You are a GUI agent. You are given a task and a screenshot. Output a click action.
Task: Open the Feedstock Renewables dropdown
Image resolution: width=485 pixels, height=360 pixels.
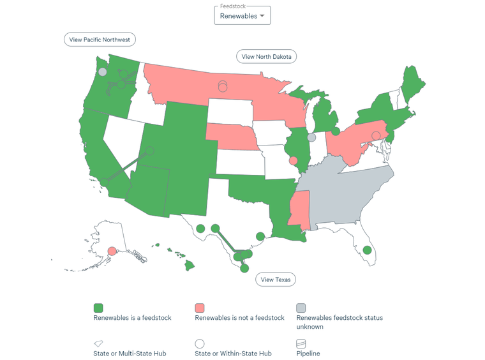(x=243, y=15)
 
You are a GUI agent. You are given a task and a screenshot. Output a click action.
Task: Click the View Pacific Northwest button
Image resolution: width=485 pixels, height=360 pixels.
(x=100, y=40)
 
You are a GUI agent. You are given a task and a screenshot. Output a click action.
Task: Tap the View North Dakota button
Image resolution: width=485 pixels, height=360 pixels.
(x=266, y=57)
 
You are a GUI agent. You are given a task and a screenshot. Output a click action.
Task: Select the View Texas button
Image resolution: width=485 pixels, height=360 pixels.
(x=276, y=280)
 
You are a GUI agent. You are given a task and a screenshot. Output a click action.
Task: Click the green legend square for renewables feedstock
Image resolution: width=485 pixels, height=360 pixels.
(x=98, y=308)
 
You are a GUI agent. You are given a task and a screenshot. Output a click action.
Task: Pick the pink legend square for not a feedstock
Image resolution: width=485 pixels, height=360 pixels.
(x=200, y=308)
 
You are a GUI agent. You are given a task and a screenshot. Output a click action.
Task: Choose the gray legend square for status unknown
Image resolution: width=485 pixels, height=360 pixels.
(x=301, y=308)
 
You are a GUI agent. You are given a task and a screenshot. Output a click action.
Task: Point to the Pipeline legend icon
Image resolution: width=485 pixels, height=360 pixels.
(x=301, y=343)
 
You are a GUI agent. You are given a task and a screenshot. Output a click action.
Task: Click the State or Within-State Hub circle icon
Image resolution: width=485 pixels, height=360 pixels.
(x=200, y=343)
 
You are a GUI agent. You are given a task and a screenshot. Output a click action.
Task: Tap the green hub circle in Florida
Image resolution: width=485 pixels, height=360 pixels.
(x=366, y=250)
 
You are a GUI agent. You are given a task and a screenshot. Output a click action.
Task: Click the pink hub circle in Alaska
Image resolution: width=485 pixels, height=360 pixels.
(x=112, y=251)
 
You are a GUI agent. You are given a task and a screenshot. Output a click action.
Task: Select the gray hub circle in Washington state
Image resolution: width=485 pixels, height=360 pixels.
(x=102, y=72)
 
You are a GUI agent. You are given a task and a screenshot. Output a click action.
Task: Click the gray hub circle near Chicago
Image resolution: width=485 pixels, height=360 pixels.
(x=311, y=137)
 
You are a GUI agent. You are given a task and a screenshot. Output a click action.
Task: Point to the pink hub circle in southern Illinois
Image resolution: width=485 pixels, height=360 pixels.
(x=293, y=161)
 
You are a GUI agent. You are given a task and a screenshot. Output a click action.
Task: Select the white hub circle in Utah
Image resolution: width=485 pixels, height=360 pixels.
(x=149, y=151)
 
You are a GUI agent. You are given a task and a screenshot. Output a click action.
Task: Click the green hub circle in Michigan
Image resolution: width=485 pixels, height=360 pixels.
(x=336, y=131)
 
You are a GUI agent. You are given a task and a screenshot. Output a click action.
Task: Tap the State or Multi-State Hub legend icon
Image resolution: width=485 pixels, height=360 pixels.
(x=98, y=343)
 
